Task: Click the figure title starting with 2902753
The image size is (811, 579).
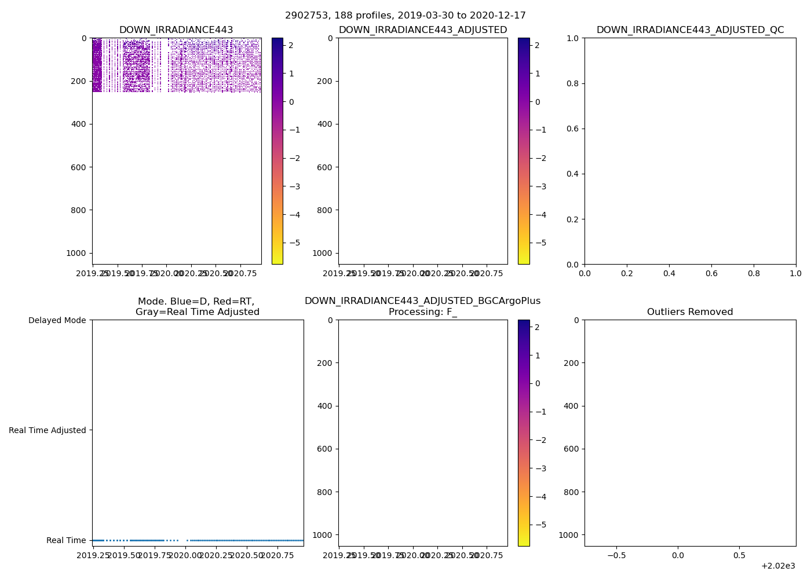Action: click(405, 16)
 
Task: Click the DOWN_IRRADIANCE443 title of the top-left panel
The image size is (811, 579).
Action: click(176, 30)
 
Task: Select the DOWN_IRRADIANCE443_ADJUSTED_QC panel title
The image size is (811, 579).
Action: click(690, 30)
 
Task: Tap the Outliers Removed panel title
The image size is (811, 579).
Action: click(690, 312)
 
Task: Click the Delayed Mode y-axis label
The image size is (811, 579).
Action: click(57, 320)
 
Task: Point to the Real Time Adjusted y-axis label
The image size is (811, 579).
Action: click(48, 430)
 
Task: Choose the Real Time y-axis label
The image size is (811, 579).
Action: click(66, 540)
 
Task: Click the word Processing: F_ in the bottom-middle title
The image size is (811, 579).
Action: click(423, 312)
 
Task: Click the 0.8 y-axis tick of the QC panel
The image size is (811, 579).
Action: click(573, 83)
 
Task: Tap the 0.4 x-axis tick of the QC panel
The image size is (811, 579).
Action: click(669, 273)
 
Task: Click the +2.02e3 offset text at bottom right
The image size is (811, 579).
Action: click(778, 566)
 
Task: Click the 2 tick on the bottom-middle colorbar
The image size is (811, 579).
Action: click(537, 327)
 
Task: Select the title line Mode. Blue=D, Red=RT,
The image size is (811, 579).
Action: click(196, 302)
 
